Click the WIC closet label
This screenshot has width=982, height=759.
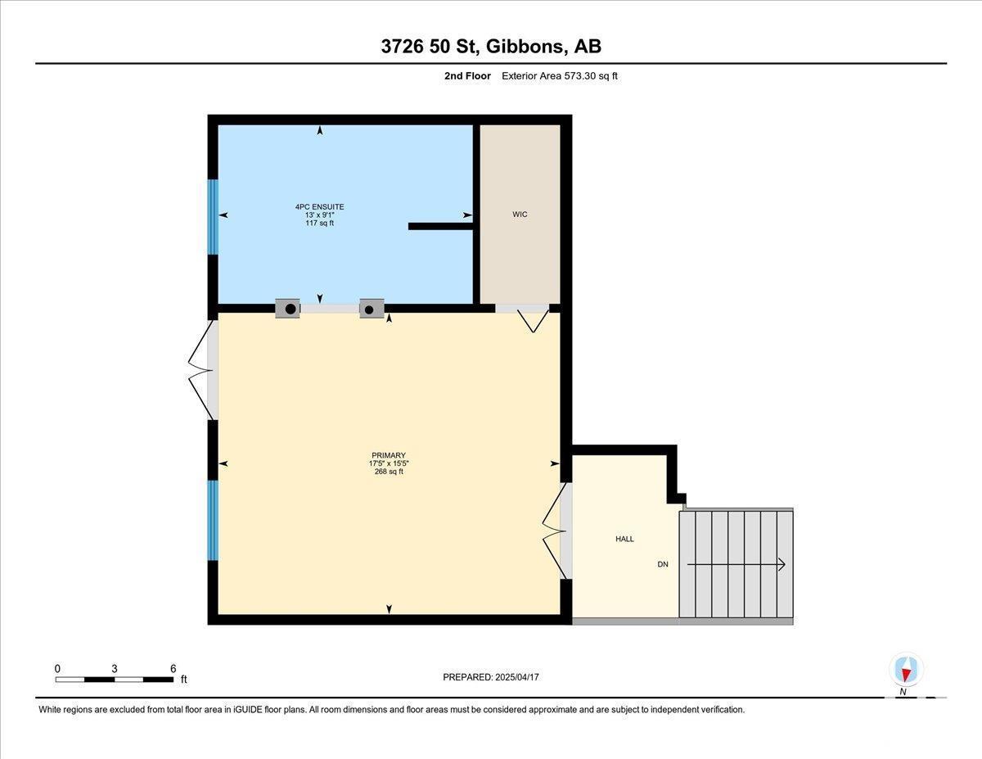point(520,215)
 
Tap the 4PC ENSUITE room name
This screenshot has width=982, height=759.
point(319,206)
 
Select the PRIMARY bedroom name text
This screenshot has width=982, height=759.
point(389,455)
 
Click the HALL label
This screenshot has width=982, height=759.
point(624,539)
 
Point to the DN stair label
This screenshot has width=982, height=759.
point(663,564)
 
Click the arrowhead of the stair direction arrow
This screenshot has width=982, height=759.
point(782,565)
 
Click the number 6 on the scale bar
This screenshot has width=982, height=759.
point(173,669)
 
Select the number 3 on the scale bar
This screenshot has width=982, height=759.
point(115,669)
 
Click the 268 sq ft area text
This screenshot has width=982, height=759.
point(389,472)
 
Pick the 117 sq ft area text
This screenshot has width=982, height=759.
point(319,223)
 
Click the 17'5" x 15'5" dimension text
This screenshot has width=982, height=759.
point(389,463)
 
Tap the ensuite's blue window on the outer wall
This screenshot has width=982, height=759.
point(213,217)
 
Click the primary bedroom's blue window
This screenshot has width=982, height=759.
point(213,520)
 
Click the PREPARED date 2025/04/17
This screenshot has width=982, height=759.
point(517,677)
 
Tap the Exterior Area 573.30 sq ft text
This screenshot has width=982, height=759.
point(560,76)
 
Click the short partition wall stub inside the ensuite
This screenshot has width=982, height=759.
point(440,226)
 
